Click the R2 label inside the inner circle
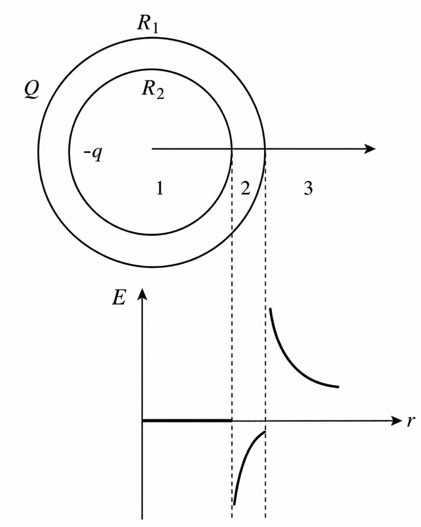[x=153, y=90]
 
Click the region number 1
[x=160, y=189]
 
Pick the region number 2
[x=245, y=188]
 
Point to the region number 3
[x=308, y=189]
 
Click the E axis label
[x=119, y=298]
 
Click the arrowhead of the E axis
[x=142, y=293]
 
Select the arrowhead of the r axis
[x=396, y=421]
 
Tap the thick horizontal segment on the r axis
[x=187, y=421]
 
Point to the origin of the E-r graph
[x=142, y=421]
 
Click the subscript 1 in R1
[x=154, y=28]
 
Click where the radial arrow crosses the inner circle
[x=232, y=149]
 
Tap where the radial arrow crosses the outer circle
[x=265, y=149]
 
